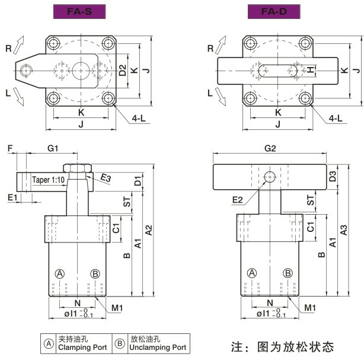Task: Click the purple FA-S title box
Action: pos(78,11)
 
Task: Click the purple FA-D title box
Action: pos(273,11)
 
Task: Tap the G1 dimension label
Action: pos(53,147)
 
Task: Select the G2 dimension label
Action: pos(270,147)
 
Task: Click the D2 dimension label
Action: pos(122,70)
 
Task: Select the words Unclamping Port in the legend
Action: pos(158,347)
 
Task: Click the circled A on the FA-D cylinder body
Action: pos(252,273)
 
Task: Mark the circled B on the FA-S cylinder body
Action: pos(95,273)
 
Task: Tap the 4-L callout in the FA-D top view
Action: pos(336,118)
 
